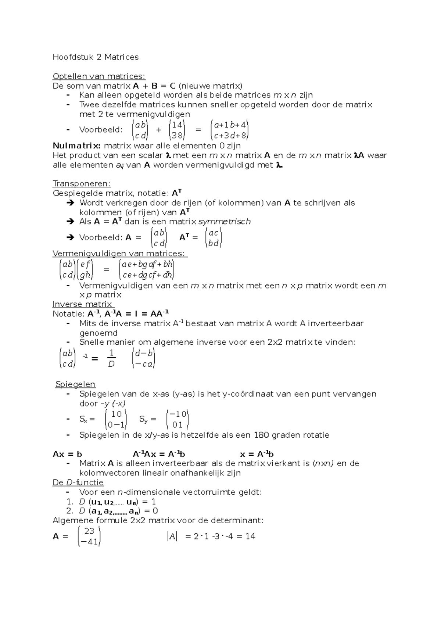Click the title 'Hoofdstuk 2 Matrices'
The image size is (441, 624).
pyautogui.click(x=96, y=57)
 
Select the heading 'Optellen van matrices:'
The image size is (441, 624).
pyautogui.click(x=99, y=76)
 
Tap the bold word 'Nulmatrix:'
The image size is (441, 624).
pyautogui.click(x=76, y=146)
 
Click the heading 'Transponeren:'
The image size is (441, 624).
pyautogui.click(x=82, y=183)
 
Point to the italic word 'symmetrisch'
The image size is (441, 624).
pyautogui.click(x=224, y=222)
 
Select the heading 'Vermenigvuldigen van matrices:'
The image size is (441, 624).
pyautogui.click(x=120, y=254)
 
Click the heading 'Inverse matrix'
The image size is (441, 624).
pyautogui.click(x=83, y=304)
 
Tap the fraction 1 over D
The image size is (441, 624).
pyautogui.click(x=111, y=359)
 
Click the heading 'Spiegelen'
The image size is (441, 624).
pyautogui.click(x=75, y=384)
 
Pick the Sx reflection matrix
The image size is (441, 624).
pyautogui.click(x=116, y=419)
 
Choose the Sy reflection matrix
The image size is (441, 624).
pyautogui.click(x=178, y=419)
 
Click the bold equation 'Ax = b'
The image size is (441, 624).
pyautogui.click(x=67, y=454)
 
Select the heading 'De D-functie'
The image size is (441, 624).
pyautogui.click(x=78, y=483)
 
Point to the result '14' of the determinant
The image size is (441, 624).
pyautogui.click(x=250, y=537)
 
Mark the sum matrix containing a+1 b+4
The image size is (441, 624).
pyautogui.click(x=230, y=130)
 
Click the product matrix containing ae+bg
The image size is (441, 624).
pyautogui.click(x=147, y=269)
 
